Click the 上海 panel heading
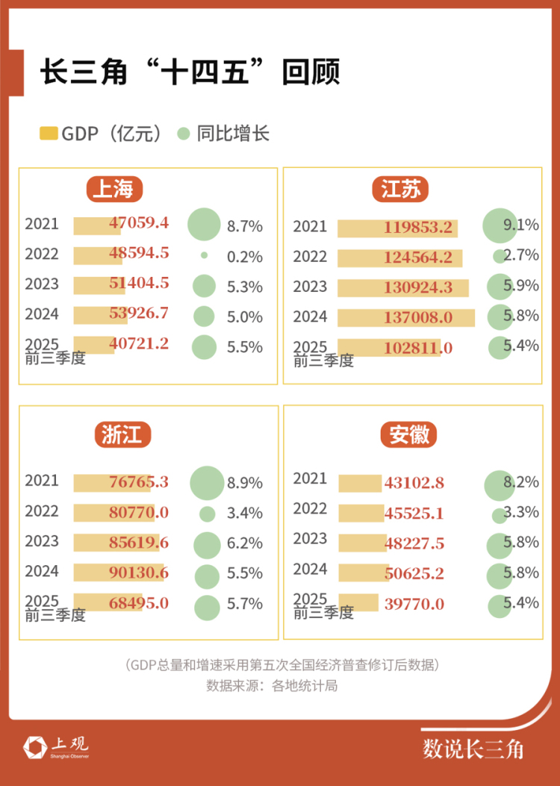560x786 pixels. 113,189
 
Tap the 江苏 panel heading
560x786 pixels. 401,189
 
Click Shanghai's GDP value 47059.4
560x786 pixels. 139,223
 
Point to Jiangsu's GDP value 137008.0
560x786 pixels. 418,317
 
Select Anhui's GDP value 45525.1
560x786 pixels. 414,514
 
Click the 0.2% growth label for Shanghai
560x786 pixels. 245,257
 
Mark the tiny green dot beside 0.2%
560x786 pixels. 204,255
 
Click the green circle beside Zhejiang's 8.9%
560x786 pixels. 207,483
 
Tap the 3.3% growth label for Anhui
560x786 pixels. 521,513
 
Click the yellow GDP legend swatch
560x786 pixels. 48,134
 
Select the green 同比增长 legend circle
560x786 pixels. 183,134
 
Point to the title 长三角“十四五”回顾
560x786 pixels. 190,74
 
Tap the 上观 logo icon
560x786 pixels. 34,746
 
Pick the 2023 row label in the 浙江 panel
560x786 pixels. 41,542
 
